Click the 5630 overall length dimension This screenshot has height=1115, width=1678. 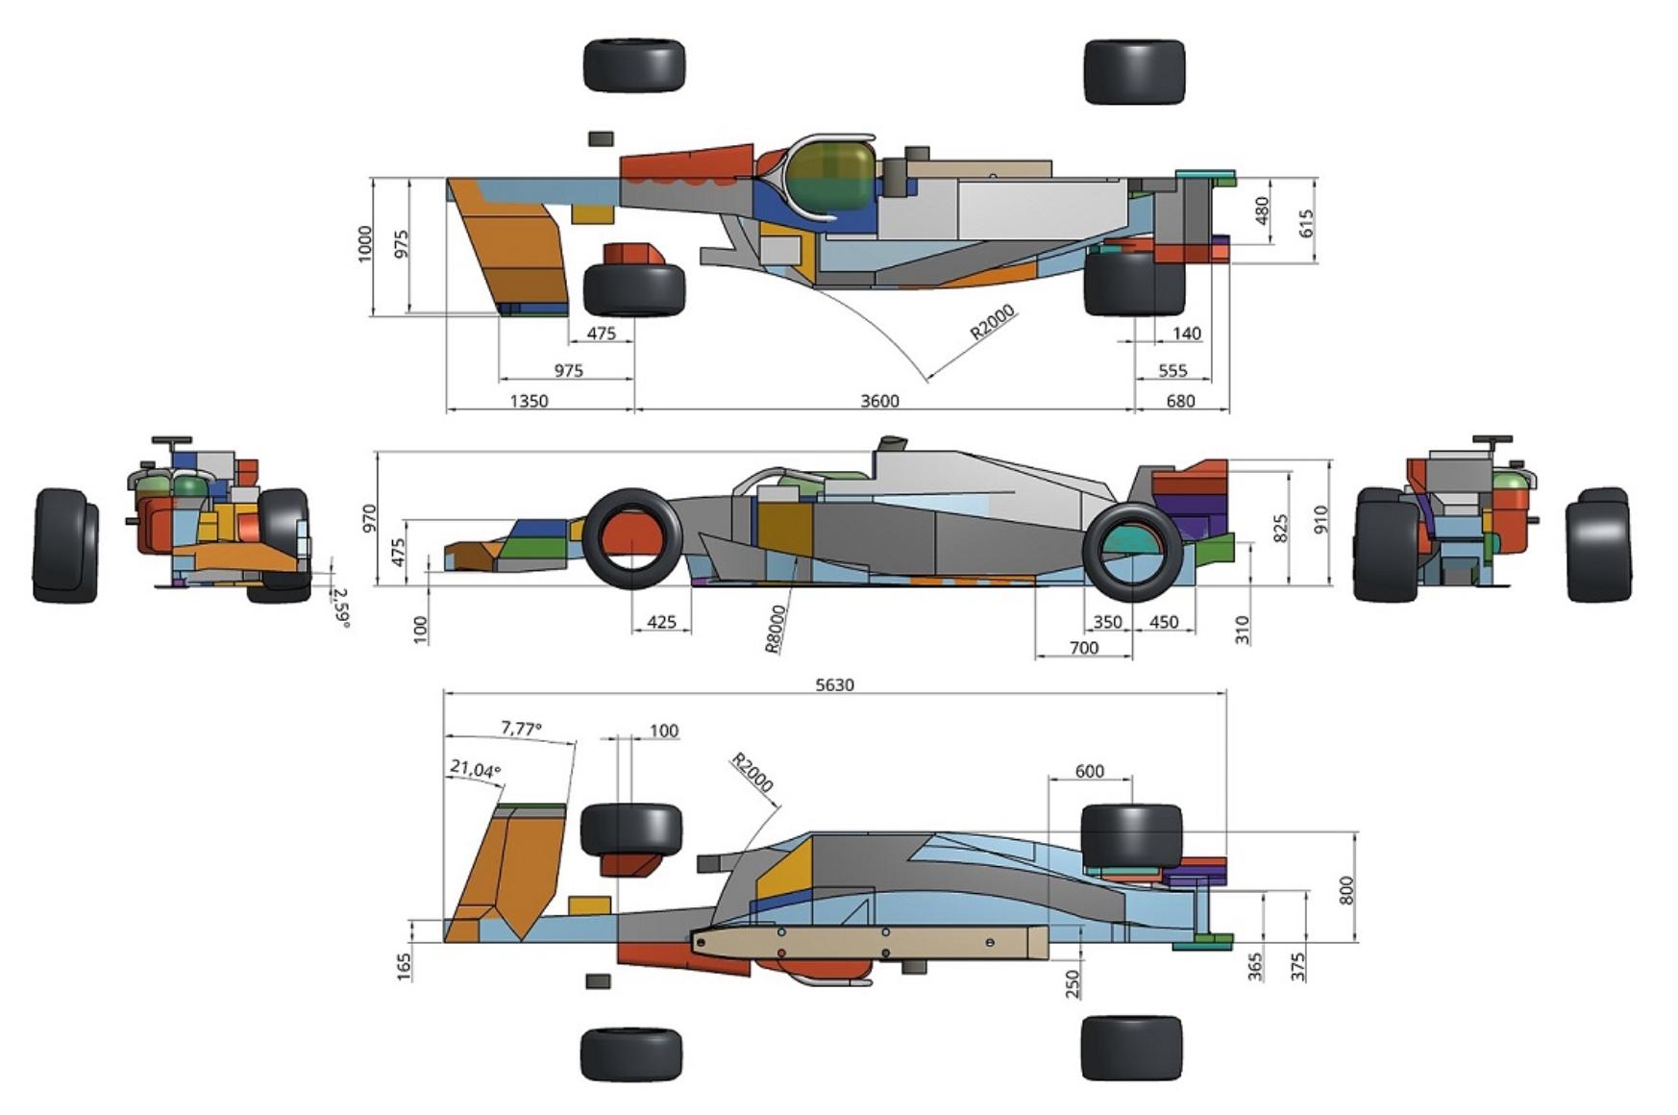(834, 684)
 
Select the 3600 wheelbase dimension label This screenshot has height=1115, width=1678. (879, 401)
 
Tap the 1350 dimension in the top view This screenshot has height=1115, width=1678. (529, 401)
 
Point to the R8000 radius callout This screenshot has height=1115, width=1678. (776, 629)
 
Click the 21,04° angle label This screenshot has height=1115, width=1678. (475, 770)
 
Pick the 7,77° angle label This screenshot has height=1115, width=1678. (521, 729)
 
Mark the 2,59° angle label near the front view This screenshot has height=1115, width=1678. (340, 607)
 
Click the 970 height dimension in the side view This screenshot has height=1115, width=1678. (369, 518)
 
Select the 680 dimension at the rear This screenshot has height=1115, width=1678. (1180, 401)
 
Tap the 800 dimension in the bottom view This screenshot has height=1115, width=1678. (1346, 890)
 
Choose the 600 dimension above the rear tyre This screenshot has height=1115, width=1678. (1089, 771)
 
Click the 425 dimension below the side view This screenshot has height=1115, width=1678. (661, 622)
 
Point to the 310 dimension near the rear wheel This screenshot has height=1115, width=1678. (1242, 630)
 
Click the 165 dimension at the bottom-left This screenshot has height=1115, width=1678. (405, 966)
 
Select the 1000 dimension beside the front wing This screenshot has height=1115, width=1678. (364, 244)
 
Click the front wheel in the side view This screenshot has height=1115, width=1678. (632, 538)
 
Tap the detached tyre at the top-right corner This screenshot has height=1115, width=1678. (1134, 71)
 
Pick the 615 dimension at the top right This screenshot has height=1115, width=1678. (1305, 223)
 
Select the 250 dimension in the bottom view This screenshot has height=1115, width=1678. (1073, 983)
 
